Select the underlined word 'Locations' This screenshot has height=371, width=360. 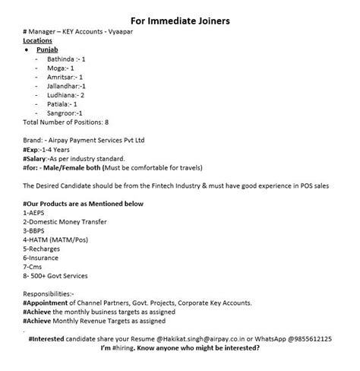[x=38, y=40]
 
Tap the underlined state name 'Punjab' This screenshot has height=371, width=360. [x=48, y=48]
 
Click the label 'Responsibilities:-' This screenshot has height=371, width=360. [x=49, y=293]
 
